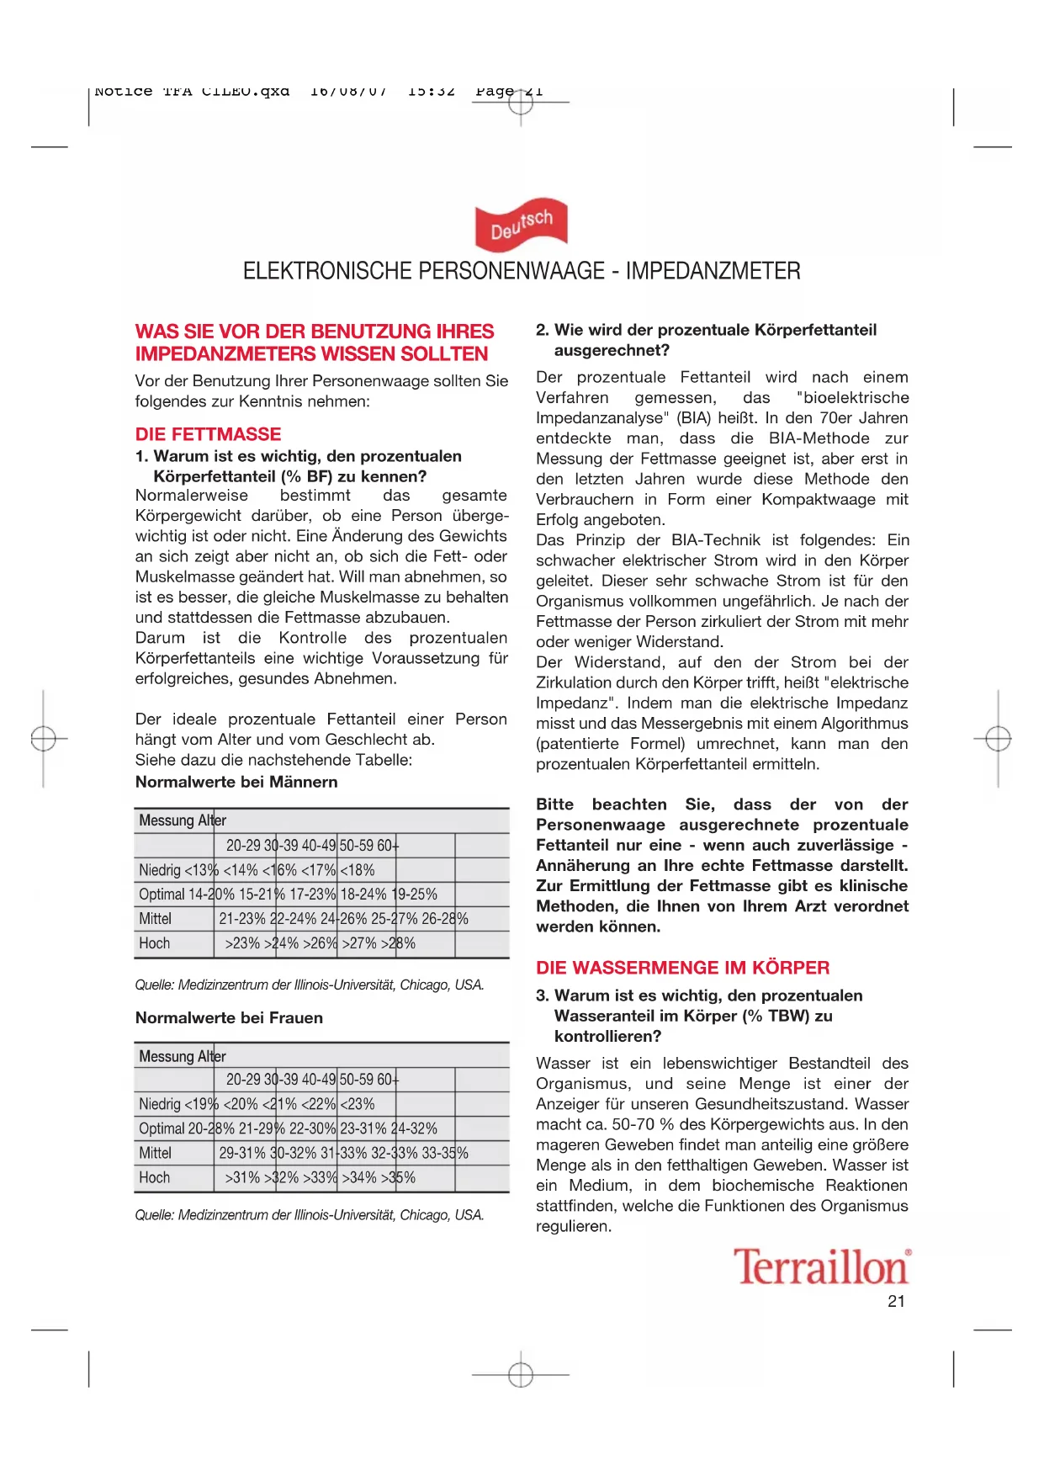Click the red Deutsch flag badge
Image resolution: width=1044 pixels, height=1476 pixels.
[521, 226]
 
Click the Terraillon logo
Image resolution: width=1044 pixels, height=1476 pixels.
[821, 1267]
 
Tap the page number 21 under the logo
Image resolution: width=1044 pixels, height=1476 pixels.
[896, 1302]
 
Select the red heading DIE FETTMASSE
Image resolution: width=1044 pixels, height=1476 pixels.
[208, 434]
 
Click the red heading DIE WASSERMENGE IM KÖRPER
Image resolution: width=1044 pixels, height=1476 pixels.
[682, 968]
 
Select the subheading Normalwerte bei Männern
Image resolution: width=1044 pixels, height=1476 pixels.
[236, 782]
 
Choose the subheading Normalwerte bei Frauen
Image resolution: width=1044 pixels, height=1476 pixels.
[229, 1017]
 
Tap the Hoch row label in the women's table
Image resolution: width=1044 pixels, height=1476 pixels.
[155, 1177]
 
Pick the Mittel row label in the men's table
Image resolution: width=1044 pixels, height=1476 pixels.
[156, 919]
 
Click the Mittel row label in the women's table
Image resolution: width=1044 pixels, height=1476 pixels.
[156, 1153]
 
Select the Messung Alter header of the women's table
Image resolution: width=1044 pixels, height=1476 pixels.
[183, 1056]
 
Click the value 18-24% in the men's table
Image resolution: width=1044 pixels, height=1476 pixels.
[363, 895]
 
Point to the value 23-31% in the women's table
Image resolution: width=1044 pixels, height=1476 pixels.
[363, 1128]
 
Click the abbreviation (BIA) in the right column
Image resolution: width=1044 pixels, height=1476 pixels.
[693, 418]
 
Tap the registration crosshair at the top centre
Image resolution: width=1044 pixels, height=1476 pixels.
[521, 103]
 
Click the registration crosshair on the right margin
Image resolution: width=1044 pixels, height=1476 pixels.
[998, 739]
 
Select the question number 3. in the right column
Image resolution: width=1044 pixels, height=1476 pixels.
[543, 996]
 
